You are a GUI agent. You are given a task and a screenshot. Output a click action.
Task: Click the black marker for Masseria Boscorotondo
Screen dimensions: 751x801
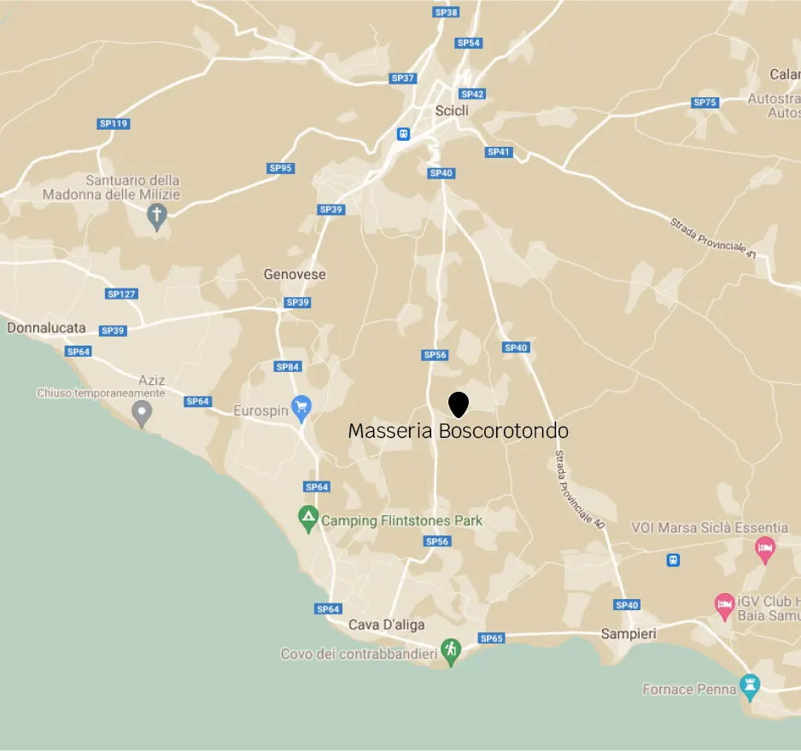click(x=459, y=404)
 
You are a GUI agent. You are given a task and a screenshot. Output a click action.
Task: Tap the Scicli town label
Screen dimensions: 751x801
click(x=452, y=110)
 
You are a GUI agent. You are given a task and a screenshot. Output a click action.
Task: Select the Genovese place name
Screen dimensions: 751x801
click(x=294, y=274)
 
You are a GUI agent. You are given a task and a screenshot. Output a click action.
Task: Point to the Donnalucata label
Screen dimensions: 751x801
click(x=46, y=327)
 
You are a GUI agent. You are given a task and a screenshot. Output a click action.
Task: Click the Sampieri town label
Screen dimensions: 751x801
click(x=628, y=633)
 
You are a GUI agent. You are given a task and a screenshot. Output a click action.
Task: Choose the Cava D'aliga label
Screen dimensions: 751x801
click(x=386, y=625)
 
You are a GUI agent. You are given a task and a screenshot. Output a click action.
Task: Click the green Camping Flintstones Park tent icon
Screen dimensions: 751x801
click(x=308, y=518)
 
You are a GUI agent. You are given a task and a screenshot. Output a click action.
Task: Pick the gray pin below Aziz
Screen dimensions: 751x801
click(x=142, y=414)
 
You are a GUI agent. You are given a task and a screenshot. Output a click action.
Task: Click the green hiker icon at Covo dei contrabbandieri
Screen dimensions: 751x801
click(x=451, y=652)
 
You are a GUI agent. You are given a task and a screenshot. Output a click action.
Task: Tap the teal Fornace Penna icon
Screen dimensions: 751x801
click(x=750, y=686)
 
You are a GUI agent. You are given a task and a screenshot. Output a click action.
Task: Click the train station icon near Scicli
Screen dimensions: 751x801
click(x=403, y=134)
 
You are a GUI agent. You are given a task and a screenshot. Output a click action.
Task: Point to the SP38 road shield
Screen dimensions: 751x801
click(x=446, y=12)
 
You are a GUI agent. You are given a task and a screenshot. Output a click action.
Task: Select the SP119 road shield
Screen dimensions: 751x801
click(x=113, y=124)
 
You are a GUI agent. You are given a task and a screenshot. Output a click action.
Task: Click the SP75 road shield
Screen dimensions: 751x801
click(x=705, y=102)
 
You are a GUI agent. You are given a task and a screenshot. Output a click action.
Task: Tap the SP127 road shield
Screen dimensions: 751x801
click(x=121, y=294)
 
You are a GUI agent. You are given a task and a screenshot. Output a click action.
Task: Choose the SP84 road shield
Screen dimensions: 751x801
click(x=288, y=366)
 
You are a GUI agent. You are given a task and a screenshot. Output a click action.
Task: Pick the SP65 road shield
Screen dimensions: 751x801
click(x=492, y=638)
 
